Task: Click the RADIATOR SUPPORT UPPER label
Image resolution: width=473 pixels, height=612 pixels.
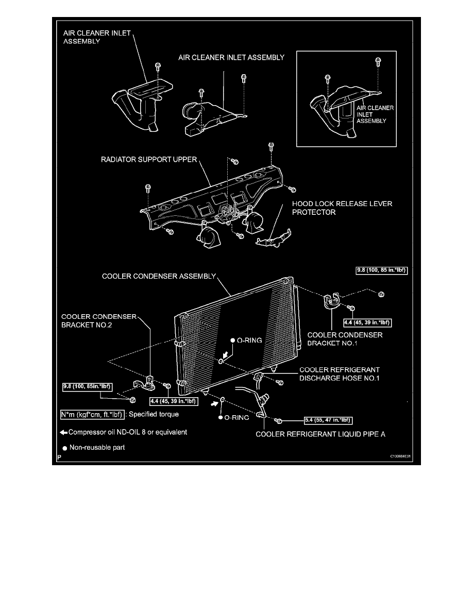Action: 149,160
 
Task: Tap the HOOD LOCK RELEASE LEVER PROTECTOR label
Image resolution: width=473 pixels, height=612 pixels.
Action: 342,208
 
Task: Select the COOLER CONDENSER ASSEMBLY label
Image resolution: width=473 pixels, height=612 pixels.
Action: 159,276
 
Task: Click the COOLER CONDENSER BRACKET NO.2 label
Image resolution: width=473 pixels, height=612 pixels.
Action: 99,321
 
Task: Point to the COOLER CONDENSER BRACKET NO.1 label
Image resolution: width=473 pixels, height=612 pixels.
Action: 345,339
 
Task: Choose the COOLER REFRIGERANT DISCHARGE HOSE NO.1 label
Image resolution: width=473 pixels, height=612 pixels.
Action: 340,374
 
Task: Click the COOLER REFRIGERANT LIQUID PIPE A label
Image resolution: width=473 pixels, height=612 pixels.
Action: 320,434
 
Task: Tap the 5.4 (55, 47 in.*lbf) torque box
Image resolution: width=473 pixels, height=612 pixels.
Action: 328,420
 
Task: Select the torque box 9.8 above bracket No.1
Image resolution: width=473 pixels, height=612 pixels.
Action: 382,270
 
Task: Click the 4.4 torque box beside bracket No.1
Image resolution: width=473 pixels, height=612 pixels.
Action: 367,323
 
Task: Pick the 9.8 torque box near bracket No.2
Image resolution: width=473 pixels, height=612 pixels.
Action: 88,387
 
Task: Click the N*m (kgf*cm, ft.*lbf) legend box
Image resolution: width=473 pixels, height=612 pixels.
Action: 92,415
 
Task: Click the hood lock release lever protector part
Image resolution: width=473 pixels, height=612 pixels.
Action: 274,239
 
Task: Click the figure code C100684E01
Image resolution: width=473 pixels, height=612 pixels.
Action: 400,456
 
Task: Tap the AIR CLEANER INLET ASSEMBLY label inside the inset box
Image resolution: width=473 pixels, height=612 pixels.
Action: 375,114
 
